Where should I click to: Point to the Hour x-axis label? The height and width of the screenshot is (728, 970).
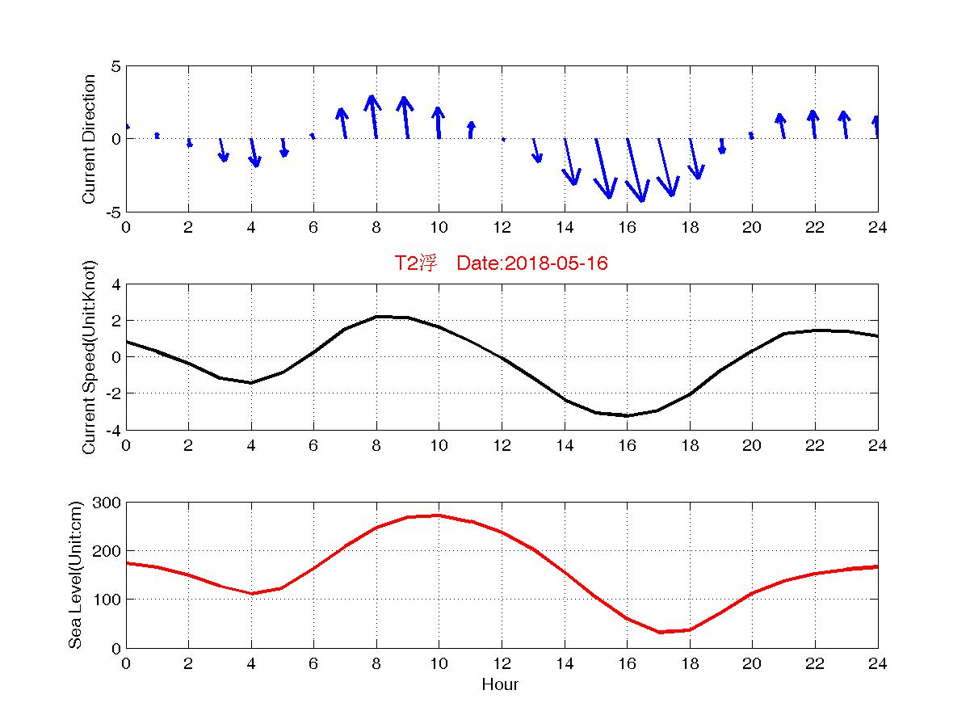pyautogui.click(x=501, y=685)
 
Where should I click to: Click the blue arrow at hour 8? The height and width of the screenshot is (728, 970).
pyautogui.click(x=373, y=116)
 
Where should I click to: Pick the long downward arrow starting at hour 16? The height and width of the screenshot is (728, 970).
pyautogui.click(x=635, y=170)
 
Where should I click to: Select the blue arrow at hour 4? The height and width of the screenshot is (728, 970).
pyautogui.click(x=254, y=153)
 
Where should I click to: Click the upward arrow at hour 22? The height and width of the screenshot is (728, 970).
pyautogui.click(x=813, y=124)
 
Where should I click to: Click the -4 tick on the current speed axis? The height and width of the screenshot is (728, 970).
pyautogui.click(x=113, y=430)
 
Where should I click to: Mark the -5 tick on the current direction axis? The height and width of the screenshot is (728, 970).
pyautogui.click(x=113, y=212)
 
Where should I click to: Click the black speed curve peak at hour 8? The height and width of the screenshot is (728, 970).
pyautogui.click(x=376, y=316)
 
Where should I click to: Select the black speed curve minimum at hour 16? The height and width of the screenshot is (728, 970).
pyautogui.click(x=627, y=415)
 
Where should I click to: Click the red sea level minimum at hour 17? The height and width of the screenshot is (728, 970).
pyautogui.click(x=658, y=632)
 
